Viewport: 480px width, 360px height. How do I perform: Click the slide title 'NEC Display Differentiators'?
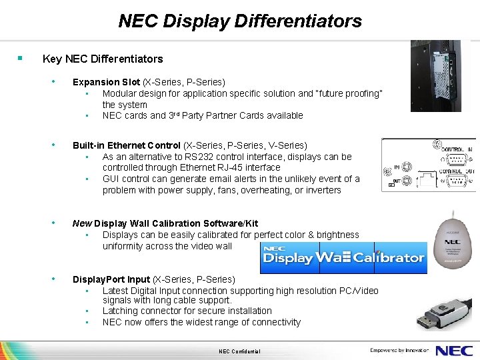(240, 21)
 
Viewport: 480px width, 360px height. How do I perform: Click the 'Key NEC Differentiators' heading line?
(102, 59)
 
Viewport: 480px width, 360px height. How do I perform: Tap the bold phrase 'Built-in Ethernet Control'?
(126, 145)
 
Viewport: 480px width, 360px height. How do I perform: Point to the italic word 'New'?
(82, 223)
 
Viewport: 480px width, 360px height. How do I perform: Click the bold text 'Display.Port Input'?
(111, 279)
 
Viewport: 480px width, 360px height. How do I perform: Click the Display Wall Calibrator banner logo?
(343, 257)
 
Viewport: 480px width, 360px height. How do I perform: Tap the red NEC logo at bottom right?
(455, 350)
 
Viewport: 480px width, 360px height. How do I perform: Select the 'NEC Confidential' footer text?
(239, 351)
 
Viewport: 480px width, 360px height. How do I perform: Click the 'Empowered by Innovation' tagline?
(399, 350)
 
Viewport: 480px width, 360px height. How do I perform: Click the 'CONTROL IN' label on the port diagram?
(456, 149)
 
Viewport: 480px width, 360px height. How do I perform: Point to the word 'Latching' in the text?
(121, 311)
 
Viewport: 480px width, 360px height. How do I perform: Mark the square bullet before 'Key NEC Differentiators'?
(21, 59)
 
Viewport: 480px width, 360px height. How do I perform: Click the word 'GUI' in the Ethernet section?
(111, 179)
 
